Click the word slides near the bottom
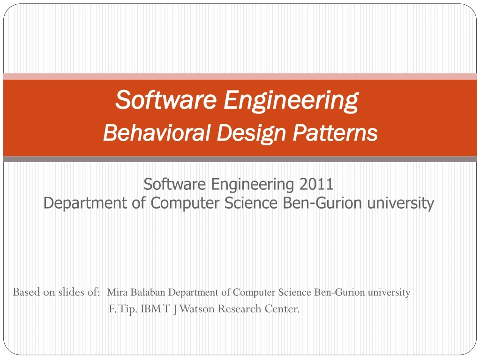tap(72, 292)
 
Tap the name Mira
tap(116, 292)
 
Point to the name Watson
tap(193, 309)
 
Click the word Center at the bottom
tap(283, 309)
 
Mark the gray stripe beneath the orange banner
tap(240, 159)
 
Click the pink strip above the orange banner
tap(240, 76)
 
